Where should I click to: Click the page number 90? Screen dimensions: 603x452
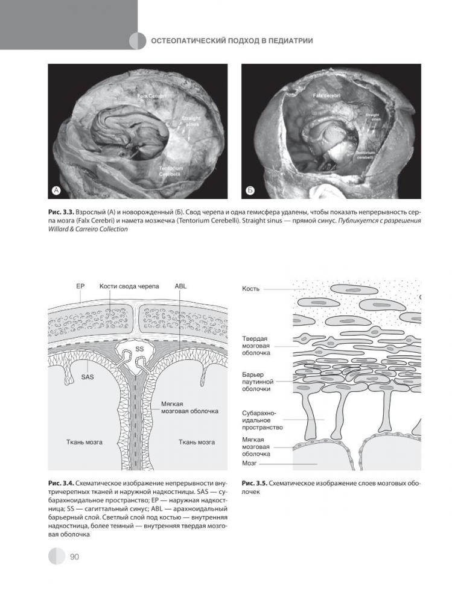point(75,557)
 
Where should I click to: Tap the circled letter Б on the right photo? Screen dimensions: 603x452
point(250,191)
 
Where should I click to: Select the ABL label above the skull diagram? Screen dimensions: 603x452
point(180,286)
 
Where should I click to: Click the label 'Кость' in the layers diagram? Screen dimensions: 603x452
point(250,289)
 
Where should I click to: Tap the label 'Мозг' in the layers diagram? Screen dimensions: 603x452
point(250,464)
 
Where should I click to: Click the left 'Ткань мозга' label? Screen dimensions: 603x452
point(84,442)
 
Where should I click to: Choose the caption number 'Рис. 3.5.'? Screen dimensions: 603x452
point(253,484)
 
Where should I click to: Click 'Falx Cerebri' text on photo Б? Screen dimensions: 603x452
point(326,96)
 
